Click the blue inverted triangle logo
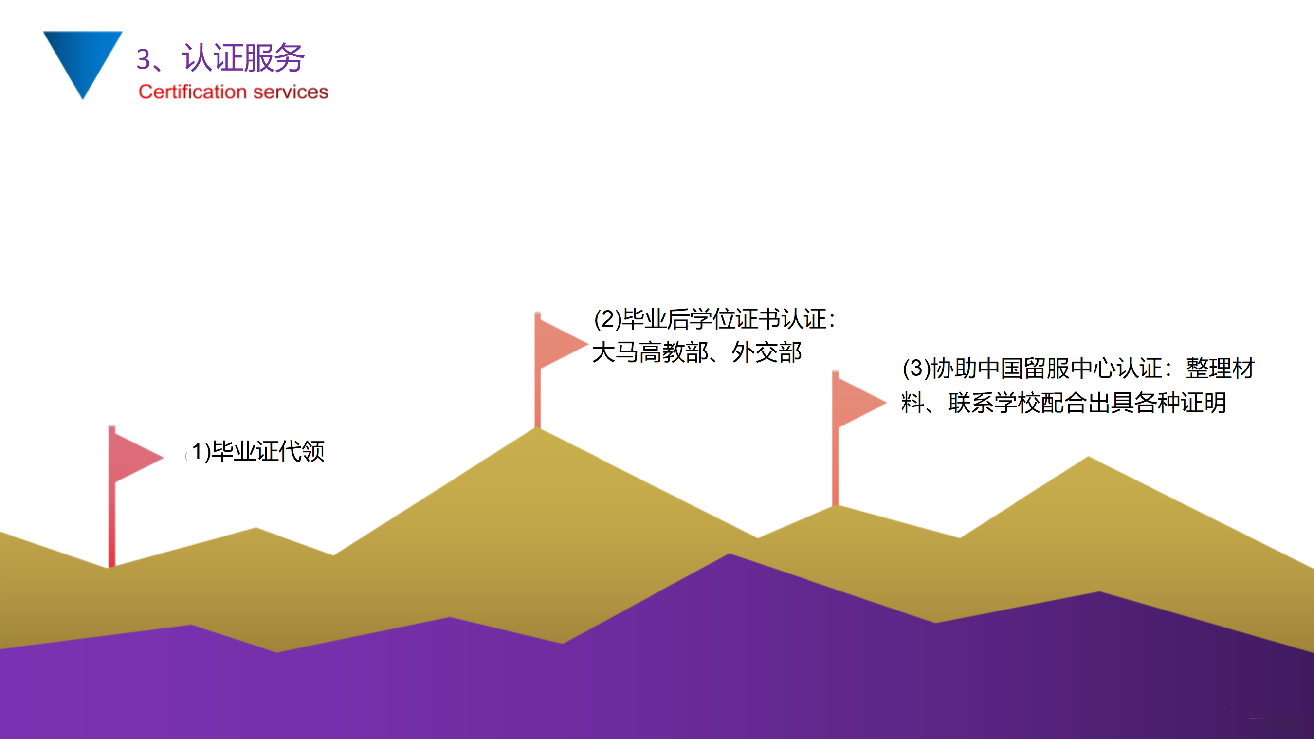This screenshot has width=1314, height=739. coord(83,59)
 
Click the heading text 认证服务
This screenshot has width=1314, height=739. coord(243,57)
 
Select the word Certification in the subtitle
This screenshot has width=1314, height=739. coord(193,92)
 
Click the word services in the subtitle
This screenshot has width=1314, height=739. coord(291,92)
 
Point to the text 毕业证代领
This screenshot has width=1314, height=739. coord(268,451)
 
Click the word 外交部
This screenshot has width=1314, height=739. coord(766,352)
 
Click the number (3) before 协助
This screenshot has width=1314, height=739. coord(917,369)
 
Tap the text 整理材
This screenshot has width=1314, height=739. coord(1220,369)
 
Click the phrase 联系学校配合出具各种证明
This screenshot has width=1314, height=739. coord(1088,403)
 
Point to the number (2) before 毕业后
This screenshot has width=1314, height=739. coord(608,319)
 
